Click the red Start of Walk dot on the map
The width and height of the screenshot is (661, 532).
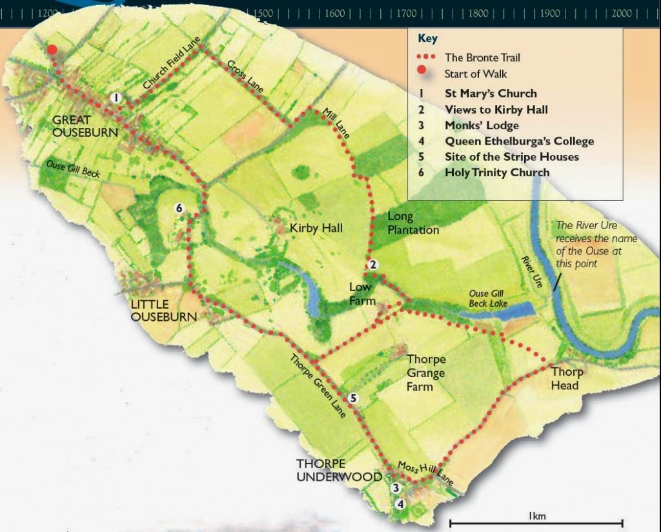click(52, 50)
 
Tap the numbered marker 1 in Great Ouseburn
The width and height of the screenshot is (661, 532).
click(116, 97)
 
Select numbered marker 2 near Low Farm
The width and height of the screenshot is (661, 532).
click(372, 265)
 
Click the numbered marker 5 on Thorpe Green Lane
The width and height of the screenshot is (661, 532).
click(352, 398)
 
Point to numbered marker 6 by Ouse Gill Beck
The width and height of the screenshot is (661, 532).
click(179, 208)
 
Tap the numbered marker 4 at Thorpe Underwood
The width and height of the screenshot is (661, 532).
click(401, 504)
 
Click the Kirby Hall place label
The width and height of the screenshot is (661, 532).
click(316, 228)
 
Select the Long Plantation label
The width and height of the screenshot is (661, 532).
click(412, 223)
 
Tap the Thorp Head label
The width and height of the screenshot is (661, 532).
click(567, 378)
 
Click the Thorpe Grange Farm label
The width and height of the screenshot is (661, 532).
click(425, 373)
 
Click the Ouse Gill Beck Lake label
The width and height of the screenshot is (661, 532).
click(488, 299)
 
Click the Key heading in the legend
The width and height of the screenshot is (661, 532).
click(427, 38)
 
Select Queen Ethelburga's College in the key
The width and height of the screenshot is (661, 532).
click(518, 141)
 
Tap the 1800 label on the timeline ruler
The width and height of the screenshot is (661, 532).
click(478, 13)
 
